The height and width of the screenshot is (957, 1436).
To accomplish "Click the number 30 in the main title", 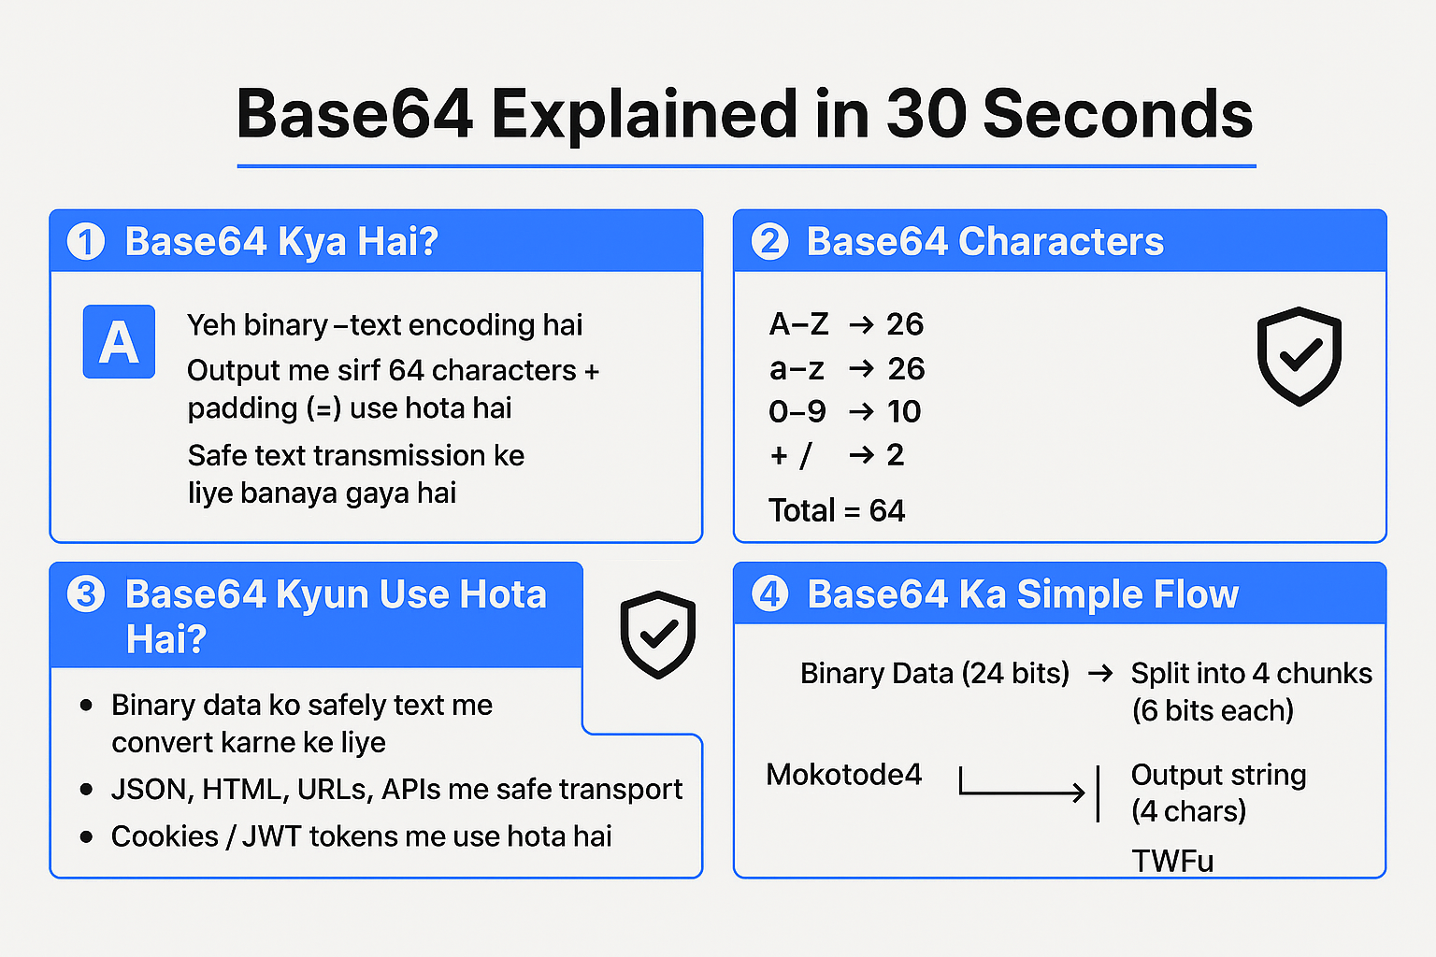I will point(926,114).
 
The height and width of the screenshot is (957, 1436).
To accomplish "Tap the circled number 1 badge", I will point(86,242).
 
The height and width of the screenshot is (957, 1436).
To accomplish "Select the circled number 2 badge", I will point(770,242).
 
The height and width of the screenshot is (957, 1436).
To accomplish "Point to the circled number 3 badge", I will point(86,594).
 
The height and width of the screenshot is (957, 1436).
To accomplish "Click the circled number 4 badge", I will point(770,594).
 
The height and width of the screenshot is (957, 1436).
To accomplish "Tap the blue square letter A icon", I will point(119,342).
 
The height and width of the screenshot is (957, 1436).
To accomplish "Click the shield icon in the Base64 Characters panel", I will point(1300,355).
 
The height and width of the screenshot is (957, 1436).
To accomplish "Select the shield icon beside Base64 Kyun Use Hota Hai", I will point(658,634).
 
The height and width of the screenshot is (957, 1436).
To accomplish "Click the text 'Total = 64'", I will point(837,510).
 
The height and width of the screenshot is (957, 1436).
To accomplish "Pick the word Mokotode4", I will point(843,775).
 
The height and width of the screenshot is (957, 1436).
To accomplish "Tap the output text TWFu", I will point(1172,861).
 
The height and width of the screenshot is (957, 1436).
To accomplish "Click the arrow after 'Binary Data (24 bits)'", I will point(1100,674).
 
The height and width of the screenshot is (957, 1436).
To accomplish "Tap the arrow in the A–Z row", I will point(861,324).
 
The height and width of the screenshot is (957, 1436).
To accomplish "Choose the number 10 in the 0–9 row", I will point(904,411).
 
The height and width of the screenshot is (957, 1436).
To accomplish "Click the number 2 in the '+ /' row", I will point(895,455).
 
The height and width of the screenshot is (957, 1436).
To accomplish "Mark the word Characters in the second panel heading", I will point(1061,242).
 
